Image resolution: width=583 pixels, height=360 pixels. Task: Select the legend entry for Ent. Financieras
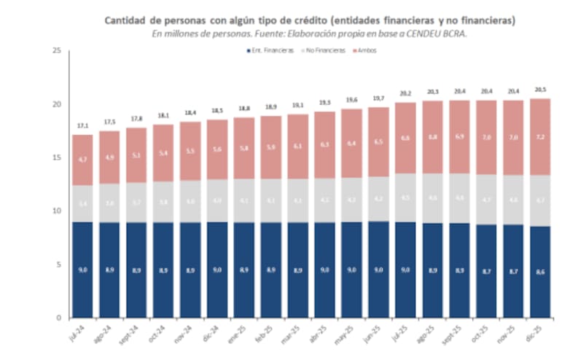click(x=271, y=50)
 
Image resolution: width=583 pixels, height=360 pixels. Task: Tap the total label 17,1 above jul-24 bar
click(x=83, y=126)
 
